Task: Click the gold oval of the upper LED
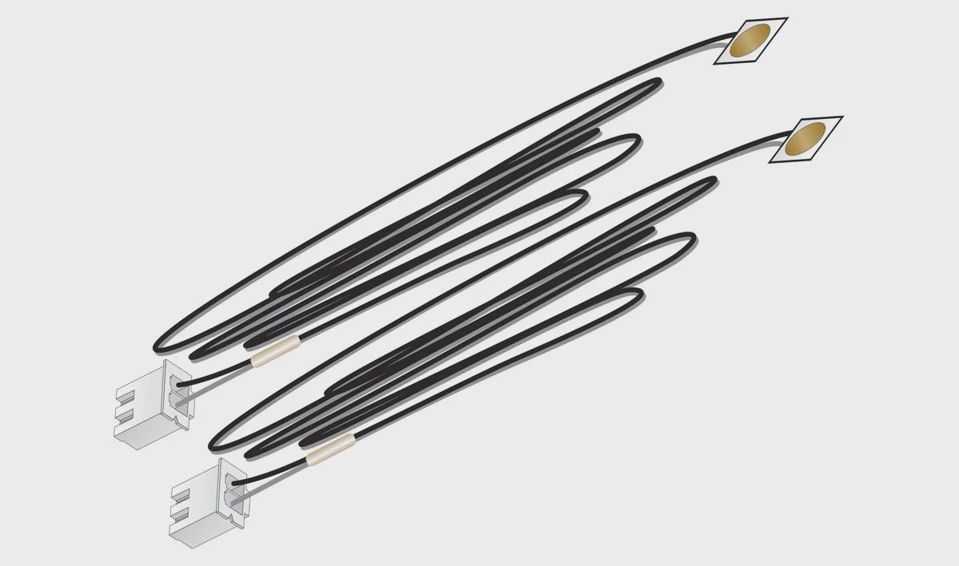coord(752,40)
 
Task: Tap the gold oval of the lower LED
coord(806,139)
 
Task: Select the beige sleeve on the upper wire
coord(275,352)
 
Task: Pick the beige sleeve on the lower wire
coord(330,451)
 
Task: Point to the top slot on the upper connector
coord(129,396)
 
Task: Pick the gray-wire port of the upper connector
coord(179,404)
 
